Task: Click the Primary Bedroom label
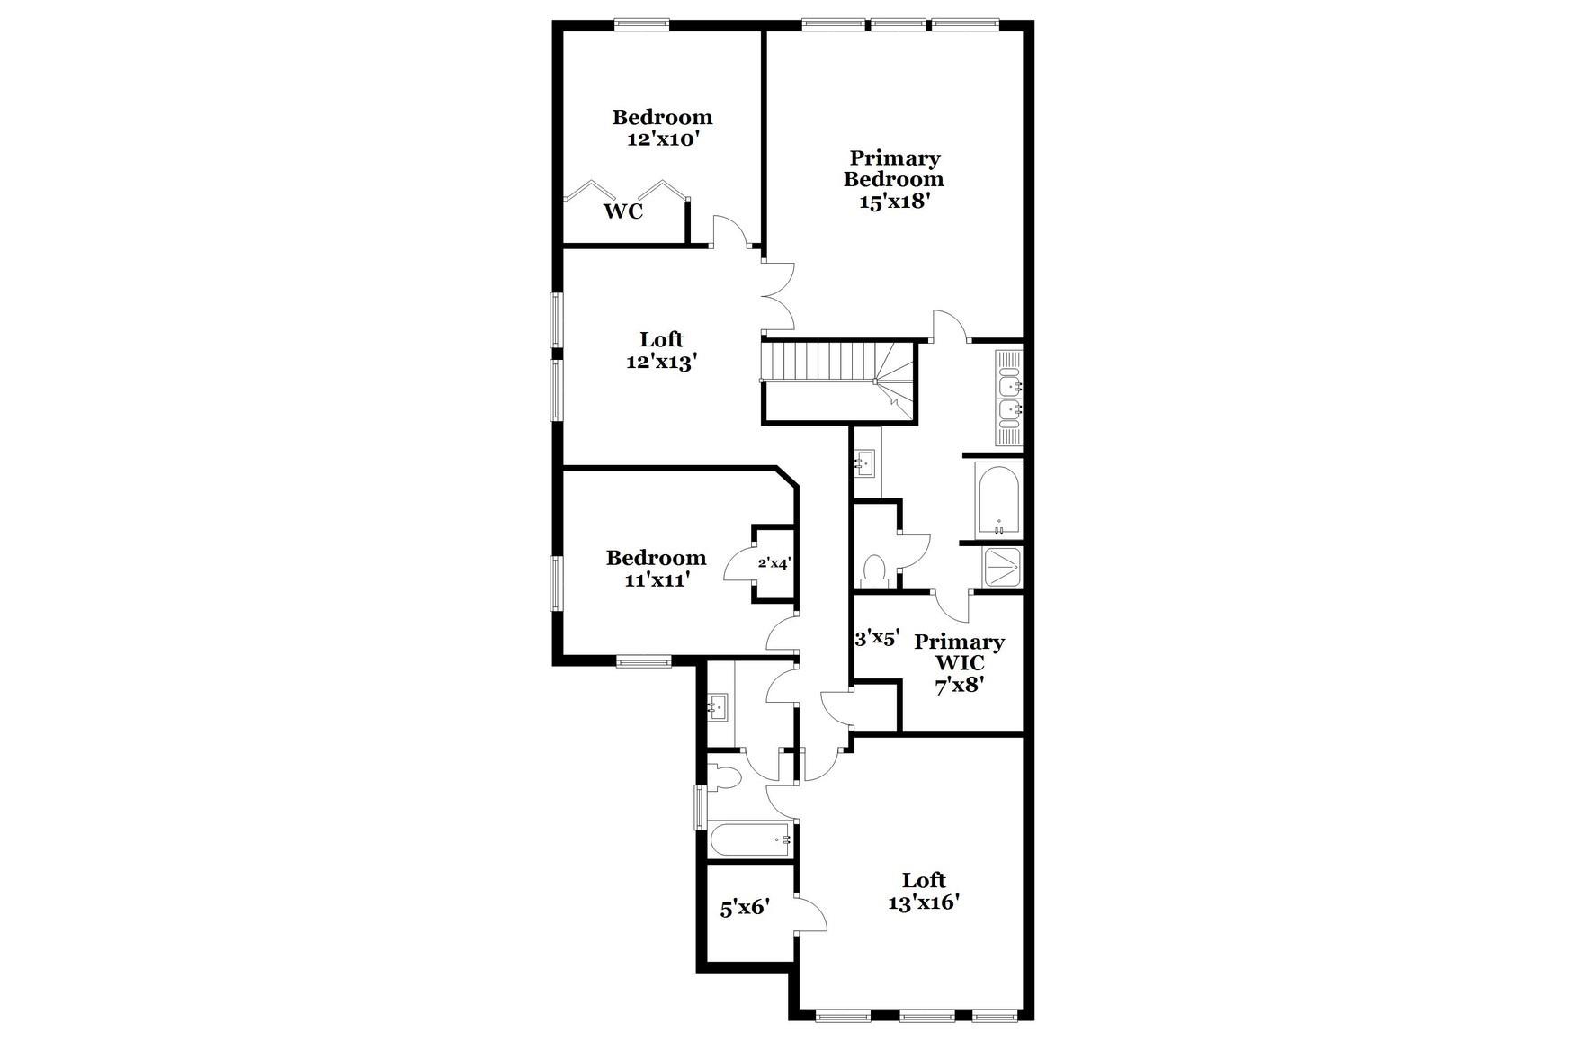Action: (x=893, y=179)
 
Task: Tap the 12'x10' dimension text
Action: (x=662, y=139)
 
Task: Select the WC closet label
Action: (x=622, y=212)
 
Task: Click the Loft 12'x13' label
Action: (x=661, y=351)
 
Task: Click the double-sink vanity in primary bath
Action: (x=1009, y=397)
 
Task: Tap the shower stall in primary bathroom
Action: (x=1001, y=567)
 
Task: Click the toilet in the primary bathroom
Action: (x=873, y=571)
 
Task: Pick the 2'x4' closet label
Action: (x=774, y=563)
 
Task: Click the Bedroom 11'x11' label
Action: (x=656, y=569)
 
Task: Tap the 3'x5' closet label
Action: (x=876, y=639)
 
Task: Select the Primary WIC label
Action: (x=959, y=663)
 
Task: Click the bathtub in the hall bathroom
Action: (x=750, y=841)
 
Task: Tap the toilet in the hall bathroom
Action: (x=723, y=776)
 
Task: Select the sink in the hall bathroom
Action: (x=718, y=706)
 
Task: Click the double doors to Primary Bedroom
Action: (x=779, y=295)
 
